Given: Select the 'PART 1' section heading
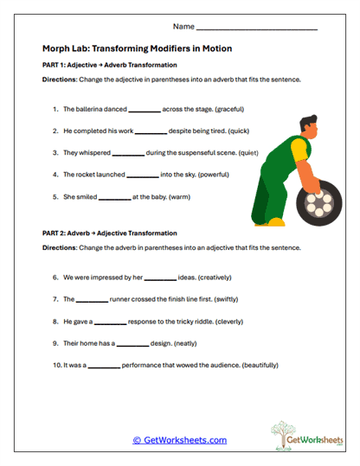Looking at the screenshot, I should click(x=109, y=65).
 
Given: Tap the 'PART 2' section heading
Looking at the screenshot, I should click(x=109, y=233).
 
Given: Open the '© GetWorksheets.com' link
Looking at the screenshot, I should click(x=179, y=440).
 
